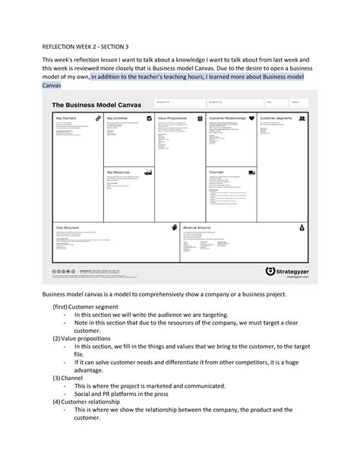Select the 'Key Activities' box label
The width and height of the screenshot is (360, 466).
click(x=118, y=119)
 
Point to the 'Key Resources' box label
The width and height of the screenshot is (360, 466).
click(x=119, y=173)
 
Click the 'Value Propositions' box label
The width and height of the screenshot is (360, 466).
click(x=172, y=119)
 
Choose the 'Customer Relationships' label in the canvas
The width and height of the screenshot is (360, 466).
click(x=229, y=119)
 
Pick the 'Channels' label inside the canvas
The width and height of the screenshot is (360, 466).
click(x=216, y=173)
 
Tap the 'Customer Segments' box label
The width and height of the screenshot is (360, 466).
click(x=278, y=119)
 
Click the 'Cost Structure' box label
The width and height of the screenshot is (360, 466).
click(x=68, y=227)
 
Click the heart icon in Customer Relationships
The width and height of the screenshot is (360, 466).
click(x=251, y=119)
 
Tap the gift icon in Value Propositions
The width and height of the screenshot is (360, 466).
click(x=200, y=119)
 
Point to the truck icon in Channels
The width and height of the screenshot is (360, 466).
click(x=251, y=173)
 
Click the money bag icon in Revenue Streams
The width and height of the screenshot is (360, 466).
click(x=302, y=227)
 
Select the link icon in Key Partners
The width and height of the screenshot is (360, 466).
click(x=98, y=119)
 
